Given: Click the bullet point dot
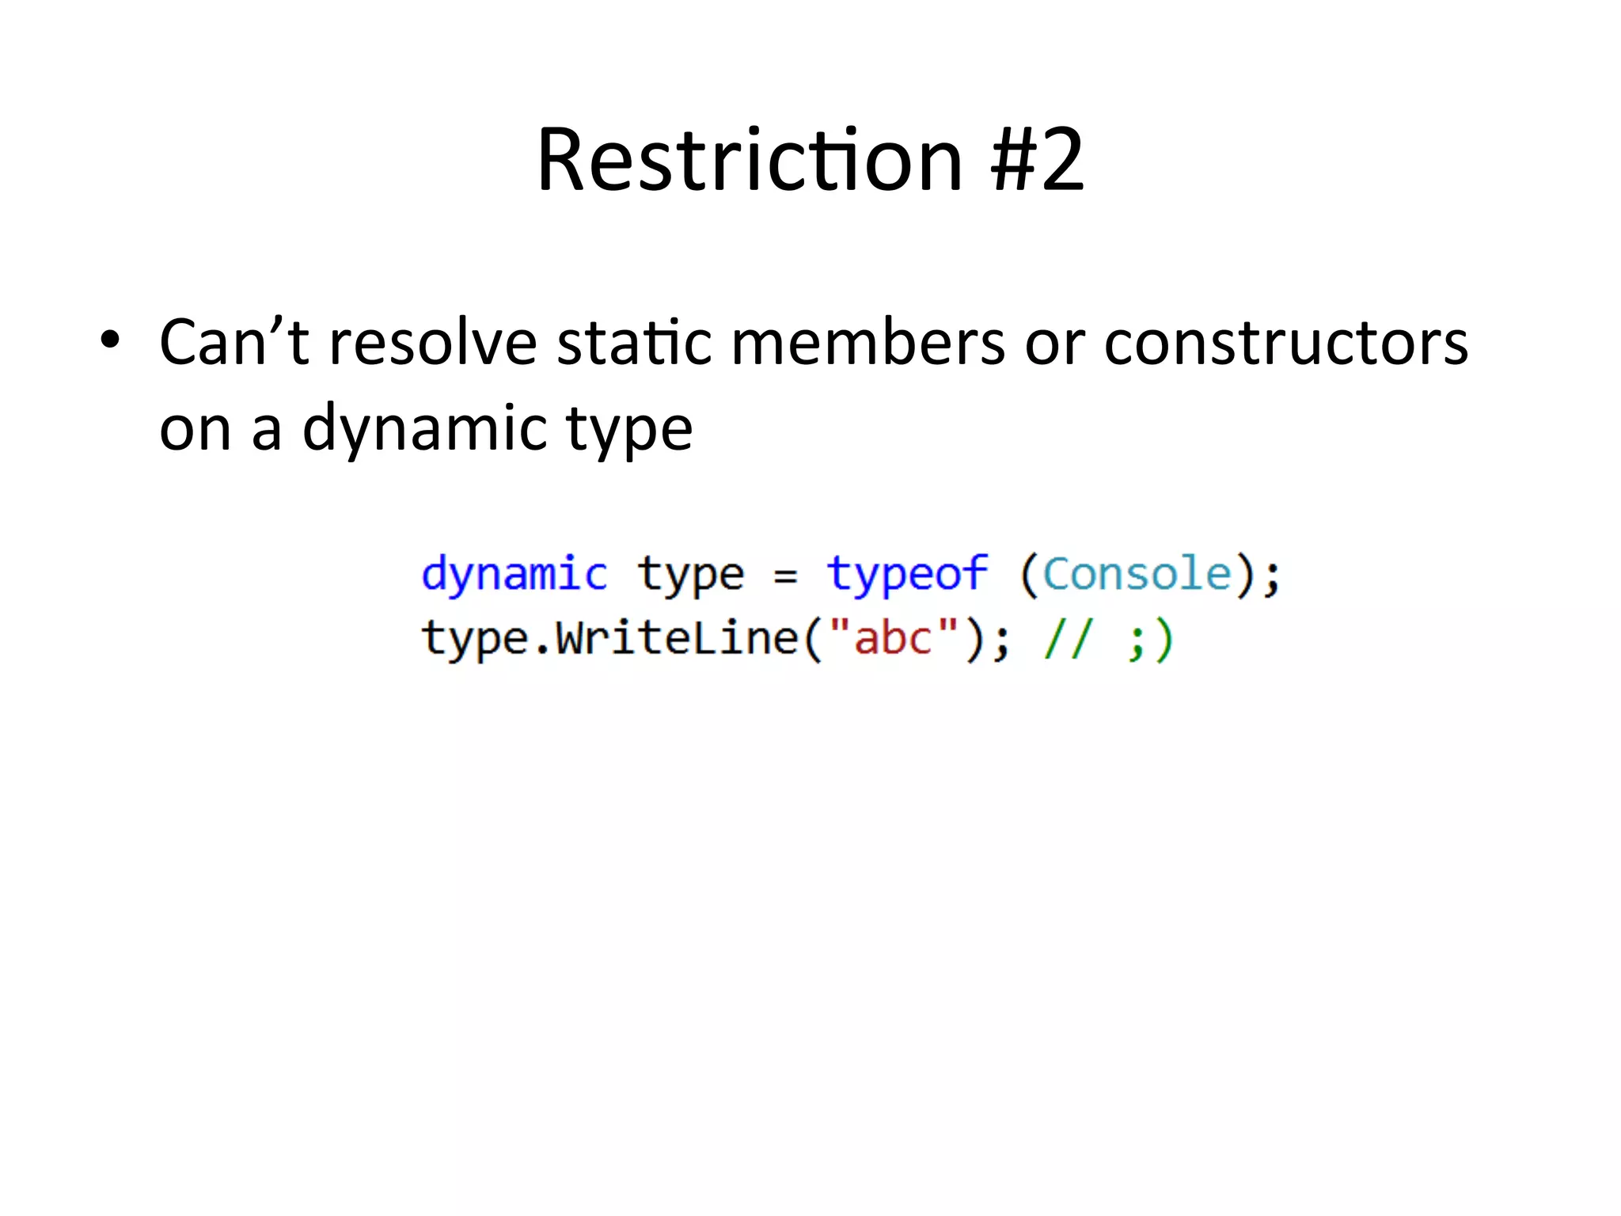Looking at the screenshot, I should tap(110, 340).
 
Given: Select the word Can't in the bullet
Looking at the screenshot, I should tap(234, 343).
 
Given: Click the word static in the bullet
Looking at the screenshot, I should tap(634, 343).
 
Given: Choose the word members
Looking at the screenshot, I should tap(867, 343).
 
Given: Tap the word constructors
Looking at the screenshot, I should tap(1285, 343).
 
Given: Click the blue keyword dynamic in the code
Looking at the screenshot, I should tap(514, 575).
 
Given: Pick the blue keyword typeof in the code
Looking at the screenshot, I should tap(907, 575).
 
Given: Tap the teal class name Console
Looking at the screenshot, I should tap(1137, 573).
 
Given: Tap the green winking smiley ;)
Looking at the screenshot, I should tap(1149, 640).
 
